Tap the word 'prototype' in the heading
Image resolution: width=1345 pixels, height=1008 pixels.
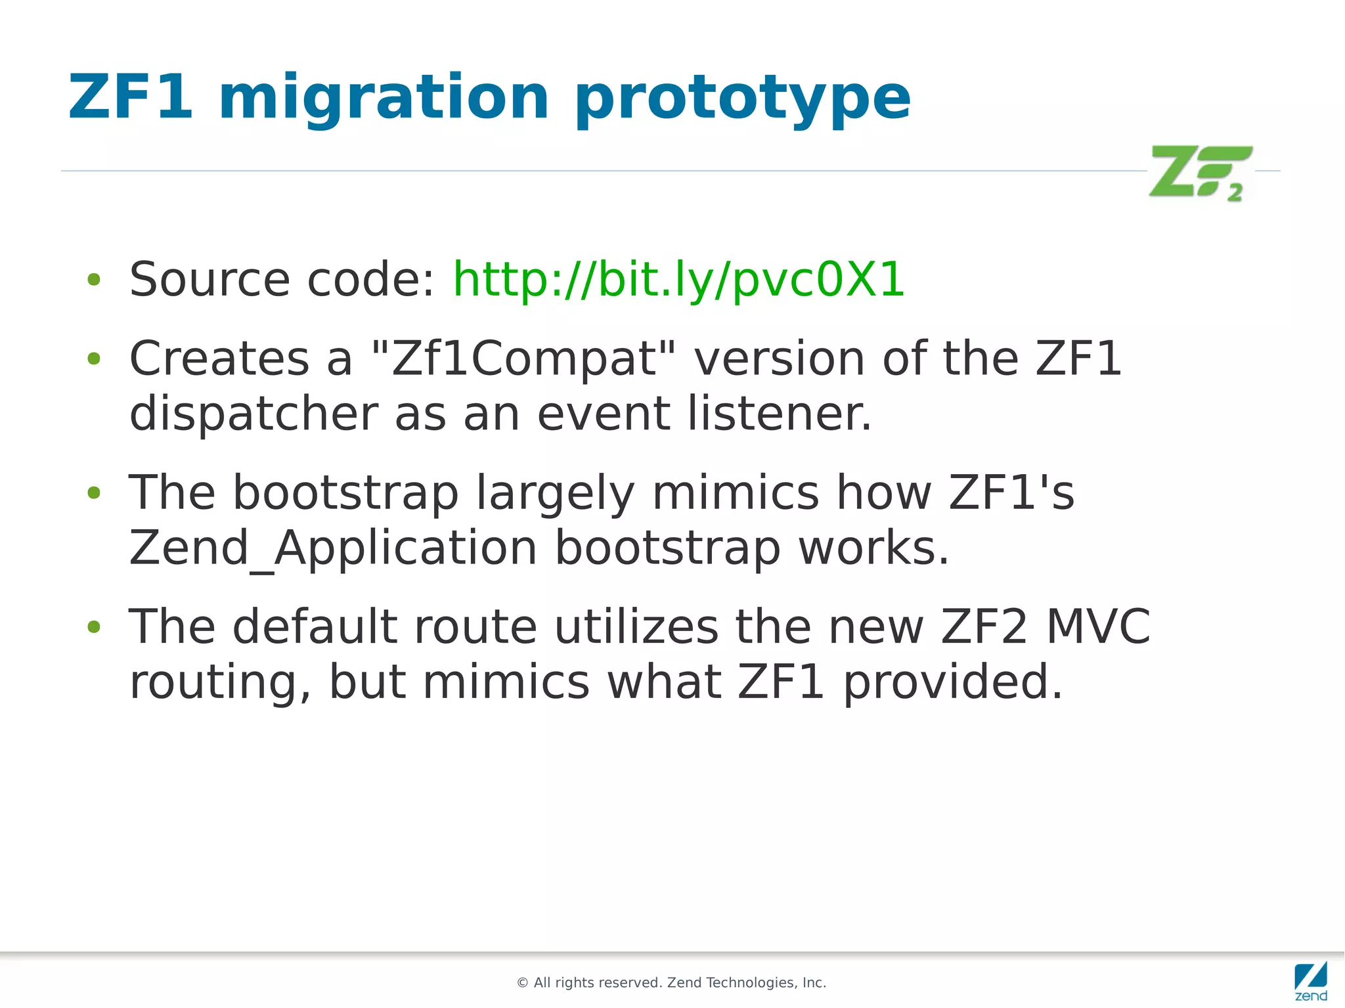pos(742,99)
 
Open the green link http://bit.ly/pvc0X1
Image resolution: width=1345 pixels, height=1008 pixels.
pos(678,280)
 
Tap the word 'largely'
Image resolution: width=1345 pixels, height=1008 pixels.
pos(555,493)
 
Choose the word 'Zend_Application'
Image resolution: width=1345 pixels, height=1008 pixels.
pos(333,548)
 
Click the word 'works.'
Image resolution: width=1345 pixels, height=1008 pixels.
pos(873,548)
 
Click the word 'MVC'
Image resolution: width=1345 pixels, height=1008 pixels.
pos(1097,626)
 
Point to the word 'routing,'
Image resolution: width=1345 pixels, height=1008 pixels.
pos(220,682)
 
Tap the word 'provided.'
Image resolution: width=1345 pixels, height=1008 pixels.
pos(952,682)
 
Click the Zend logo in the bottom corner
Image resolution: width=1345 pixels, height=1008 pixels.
pos(1310,980)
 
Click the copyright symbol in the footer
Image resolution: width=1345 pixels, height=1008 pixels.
pos(523,983)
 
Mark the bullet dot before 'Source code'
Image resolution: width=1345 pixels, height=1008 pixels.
pos(94,280)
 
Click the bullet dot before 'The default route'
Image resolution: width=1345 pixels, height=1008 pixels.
pos(94,627)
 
